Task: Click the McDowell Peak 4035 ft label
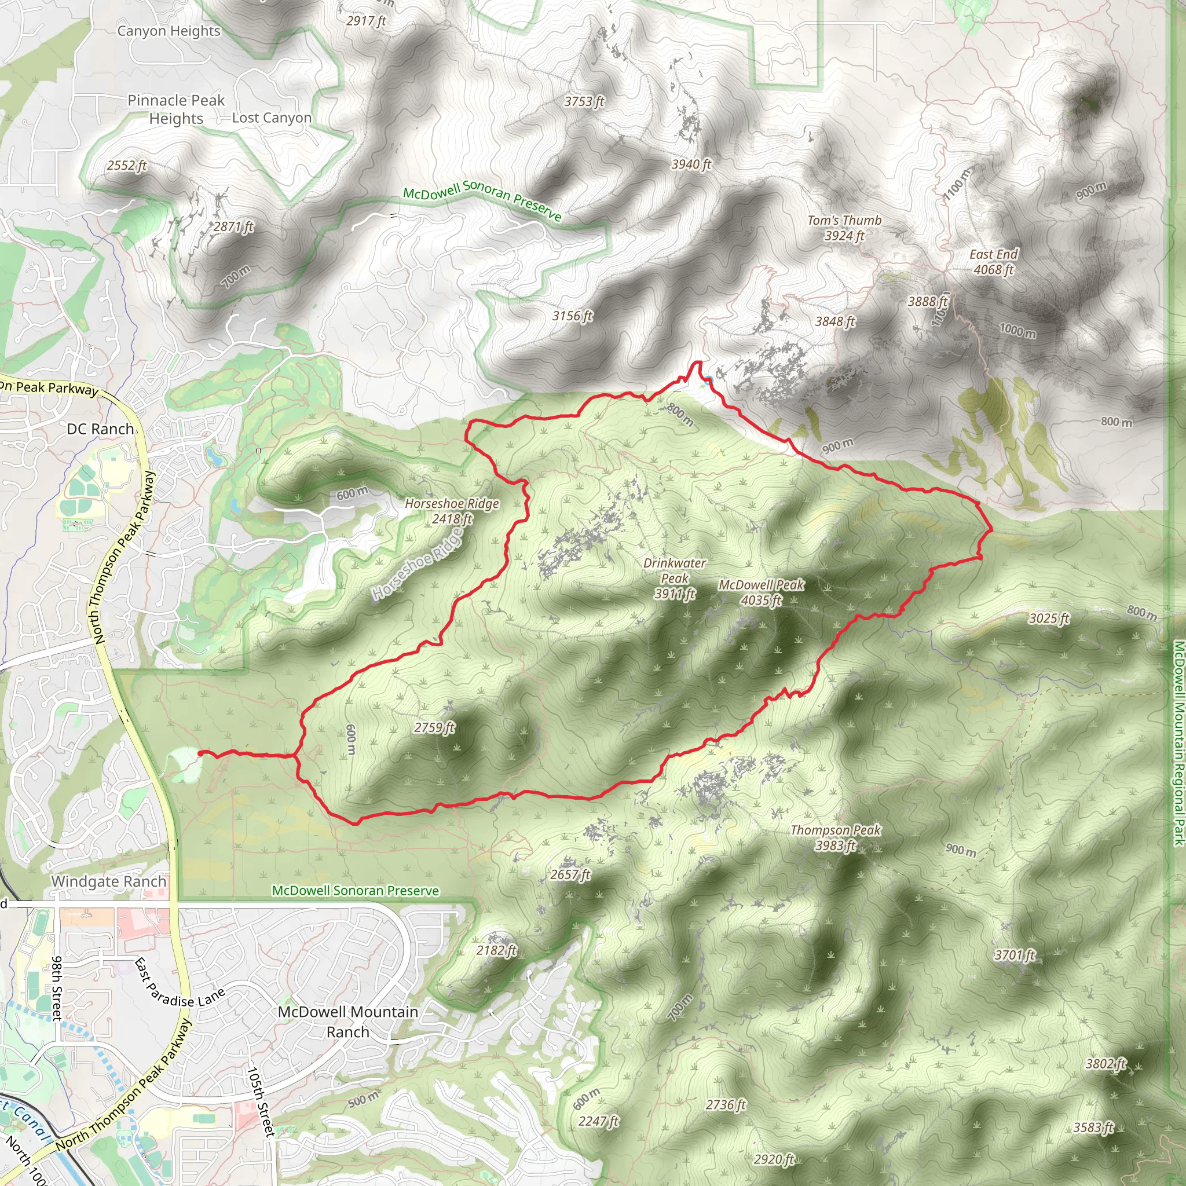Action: (x=761, y=592)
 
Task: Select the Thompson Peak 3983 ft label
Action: (x=836, y=837)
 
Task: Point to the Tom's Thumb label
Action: (x=845, y=228)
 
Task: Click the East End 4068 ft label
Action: (x=994, y=262)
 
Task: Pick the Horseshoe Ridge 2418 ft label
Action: (x=452, y=511)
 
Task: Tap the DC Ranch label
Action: (x=100, y=429)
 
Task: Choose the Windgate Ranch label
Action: (x=109, y=881)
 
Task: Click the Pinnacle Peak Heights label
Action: (x=176, y=109)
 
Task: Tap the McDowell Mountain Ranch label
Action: (x=348, y=1022)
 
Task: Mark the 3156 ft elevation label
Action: (x=572, y=316)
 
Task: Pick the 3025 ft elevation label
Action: (x=1049, y=617)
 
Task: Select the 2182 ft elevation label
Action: (x=497, y=950)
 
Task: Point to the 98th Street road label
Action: (x=57, y=988)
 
